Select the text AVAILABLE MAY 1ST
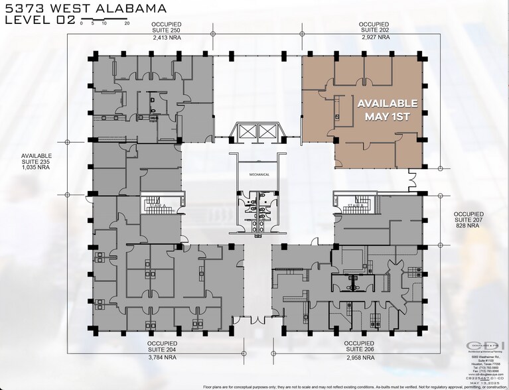tap(388, 109)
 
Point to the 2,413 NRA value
tap(167, 38)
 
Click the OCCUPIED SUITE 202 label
tap(374, 27)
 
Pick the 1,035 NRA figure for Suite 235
tap(36, 169)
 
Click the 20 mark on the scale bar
tap(127, 23)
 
